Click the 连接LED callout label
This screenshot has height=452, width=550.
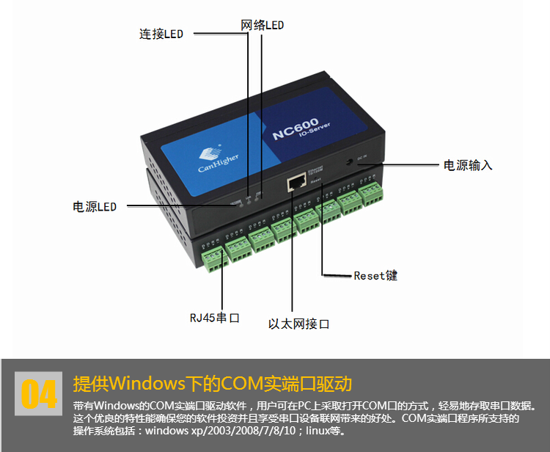[161, 34]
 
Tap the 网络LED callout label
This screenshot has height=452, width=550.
[262, 25]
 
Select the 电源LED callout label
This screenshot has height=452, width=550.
[95, 207]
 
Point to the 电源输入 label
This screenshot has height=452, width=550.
[468, 165]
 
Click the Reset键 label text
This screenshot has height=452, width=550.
[375, 275]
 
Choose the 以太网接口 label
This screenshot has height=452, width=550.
[298, 324]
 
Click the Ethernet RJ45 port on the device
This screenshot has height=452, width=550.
[296, 181]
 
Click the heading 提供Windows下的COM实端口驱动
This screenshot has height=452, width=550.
[213, 384]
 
